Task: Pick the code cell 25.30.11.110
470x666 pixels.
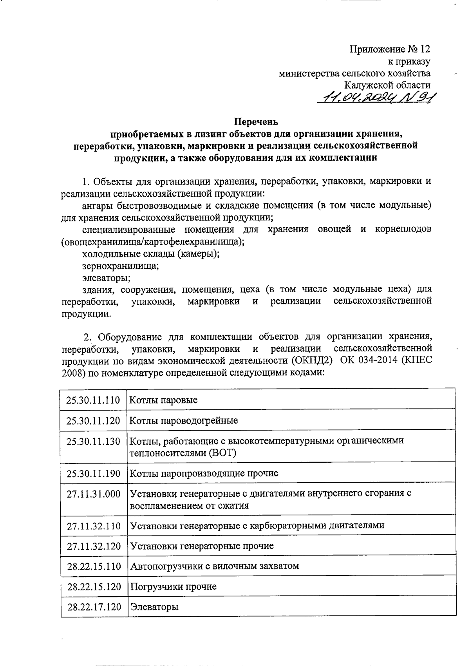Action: pyautogui.click(x=94, y=400)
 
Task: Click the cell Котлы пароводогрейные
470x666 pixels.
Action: pyautogui.click(x=184, y=421)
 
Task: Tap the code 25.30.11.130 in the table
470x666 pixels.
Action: pyautogui.click(x=94, y=442)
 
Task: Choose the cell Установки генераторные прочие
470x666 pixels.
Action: pyautogui.click(x=202, y=546)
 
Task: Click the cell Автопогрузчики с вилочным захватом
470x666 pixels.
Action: pyautogui.click(x=214, y=566)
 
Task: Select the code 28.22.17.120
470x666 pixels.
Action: pyautogui.click(x=94, y=607)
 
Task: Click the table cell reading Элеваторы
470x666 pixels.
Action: pyautogui.click(x=154, y=607)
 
